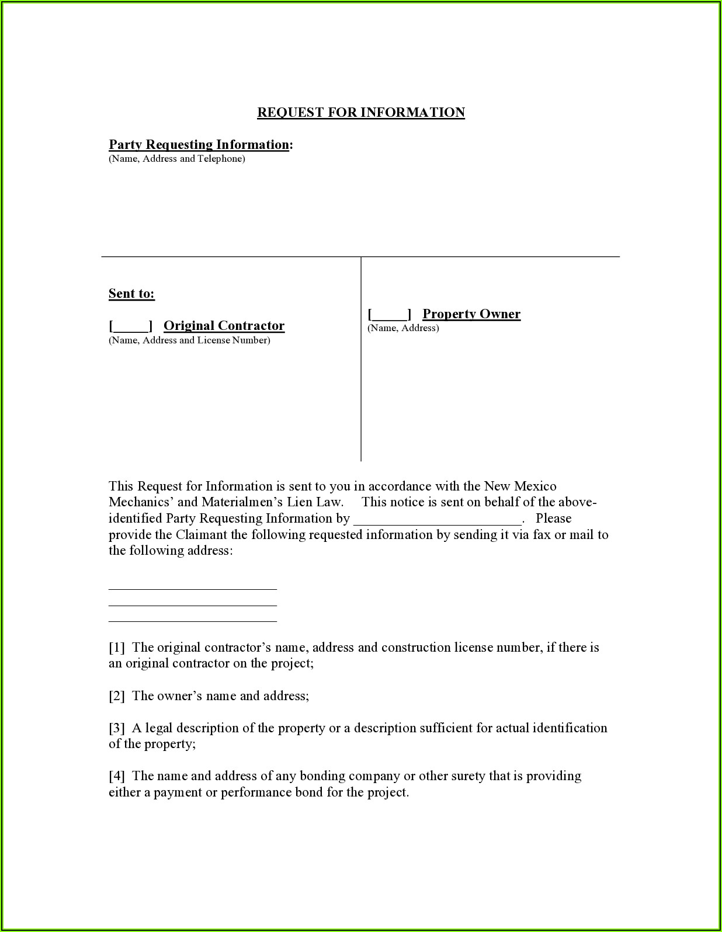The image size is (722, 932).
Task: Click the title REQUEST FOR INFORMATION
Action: [x=360, y=112]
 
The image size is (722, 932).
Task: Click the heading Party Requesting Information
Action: [x=199, y=144]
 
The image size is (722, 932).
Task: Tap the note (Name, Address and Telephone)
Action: [x=176, y=159]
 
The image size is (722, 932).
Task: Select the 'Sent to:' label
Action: [x=131, y=293]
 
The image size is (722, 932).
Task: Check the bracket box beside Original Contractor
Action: [x=131, y=326]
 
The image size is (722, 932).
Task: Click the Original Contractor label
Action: [x=224, y=325]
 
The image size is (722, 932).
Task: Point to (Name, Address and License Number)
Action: [x=189, y=340]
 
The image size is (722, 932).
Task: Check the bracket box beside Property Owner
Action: [x=390, y=314]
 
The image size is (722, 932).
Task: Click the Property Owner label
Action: [x=471, y=314]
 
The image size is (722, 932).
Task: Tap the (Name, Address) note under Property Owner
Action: [x=403, y=328]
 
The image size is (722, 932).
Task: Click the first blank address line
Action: [x=192, y=587]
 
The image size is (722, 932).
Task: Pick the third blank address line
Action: [x=192, y=620]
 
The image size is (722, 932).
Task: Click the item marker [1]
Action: [x=117, y=647]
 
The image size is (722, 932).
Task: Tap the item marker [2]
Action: [x=117, y=695]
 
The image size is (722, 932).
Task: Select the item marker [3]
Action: [x=117, y=728]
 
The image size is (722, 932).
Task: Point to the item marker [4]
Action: [x=117, y=775]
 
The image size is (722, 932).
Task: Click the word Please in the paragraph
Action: [x=553, y=518]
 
